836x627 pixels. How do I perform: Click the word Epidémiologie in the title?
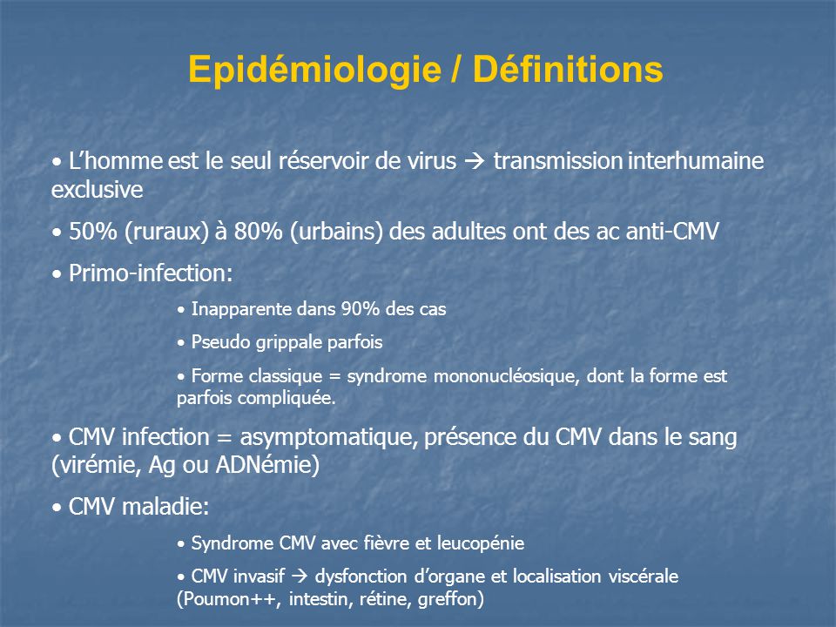click(314, 71)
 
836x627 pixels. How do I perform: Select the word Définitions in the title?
click(568, 69)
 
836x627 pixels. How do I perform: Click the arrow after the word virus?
click(474, 161)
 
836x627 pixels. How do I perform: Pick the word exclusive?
click(97, 190)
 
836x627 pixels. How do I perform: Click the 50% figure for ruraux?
click(93, 232)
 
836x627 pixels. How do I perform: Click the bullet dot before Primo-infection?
click(57, 274)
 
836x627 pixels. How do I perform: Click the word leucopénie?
click(481, 543)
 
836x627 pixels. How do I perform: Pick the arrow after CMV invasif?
click(300, 576)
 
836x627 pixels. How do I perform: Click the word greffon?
click(448, 599)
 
